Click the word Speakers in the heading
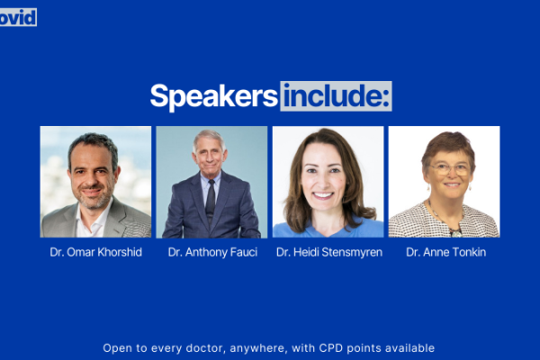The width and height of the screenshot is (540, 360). point(213,96)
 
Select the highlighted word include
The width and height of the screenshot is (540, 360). point(336,96)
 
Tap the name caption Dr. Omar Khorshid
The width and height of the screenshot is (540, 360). point(95,252)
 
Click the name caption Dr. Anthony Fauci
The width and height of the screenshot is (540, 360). point(212,252)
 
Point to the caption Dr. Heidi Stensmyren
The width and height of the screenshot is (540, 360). point(329,252)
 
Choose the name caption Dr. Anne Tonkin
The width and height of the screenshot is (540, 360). point(446,252)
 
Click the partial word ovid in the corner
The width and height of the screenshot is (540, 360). point(18,17)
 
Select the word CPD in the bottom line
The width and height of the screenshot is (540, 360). point(331,348)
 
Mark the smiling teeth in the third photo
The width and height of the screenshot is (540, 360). point(323,195)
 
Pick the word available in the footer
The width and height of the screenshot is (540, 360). point(409,348)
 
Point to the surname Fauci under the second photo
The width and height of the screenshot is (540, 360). point(244,252)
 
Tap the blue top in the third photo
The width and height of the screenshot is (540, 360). point(328,230)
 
